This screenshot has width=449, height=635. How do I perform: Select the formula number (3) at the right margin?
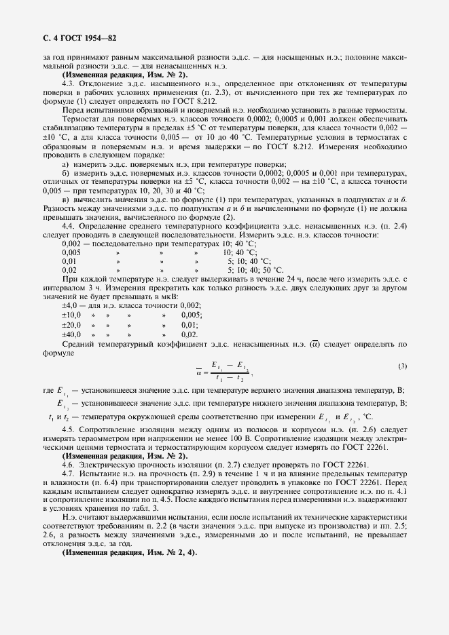point(402,366)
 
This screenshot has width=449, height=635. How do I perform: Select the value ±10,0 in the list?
point(71,315)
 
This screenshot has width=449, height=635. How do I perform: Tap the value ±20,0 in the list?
point(71,325)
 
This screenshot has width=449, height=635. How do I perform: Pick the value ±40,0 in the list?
point(71,334)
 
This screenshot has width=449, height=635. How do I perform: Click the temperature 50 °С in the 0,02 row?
point(262,269)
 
